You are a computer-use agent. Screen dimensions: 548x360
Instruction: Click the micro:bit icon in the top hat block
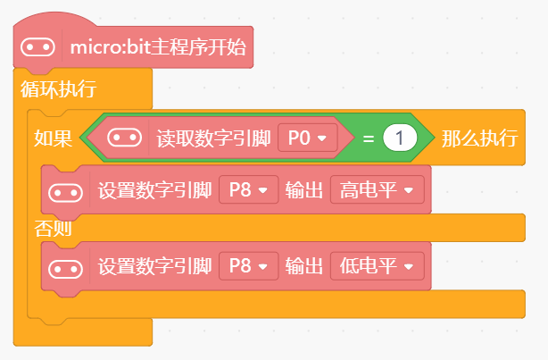tap(37, 46)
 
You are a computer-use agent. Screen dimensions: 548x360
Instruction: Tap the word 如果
tap(48, 138)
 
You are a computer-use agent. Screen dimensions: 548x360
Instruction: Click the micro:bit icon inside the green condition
tap(124, 138)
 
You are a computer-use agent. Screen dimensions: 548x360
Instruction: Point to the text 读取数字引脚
tap(213, 138)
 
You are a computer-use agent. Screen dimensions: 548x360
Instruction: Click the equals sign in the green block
tap(367, 138)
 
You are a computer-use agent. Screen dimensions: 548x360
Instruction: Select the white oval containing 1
tap(401, 138)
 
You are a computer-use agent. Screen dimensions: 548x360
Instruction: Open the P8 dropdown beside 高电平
tap(248, 189)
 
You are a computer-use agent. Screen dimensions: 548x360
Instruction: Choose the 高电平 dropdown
tap(376, 189)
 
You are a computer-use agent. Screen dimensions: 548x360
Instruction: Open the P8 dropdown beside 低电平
tap(248, 266)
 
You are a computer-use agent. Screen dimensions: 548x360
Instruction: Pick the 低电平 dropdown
tap(376, 266)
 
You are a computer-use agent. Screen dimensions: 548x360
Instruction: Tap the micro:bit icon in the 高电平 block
tap(65, 189)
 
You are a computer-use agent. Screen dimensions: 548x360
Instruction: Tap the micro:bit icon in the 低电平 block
tap(65, 266)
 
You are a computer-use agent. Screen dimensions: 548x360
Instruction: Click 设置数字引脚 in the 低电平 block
tap(154, 266)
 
